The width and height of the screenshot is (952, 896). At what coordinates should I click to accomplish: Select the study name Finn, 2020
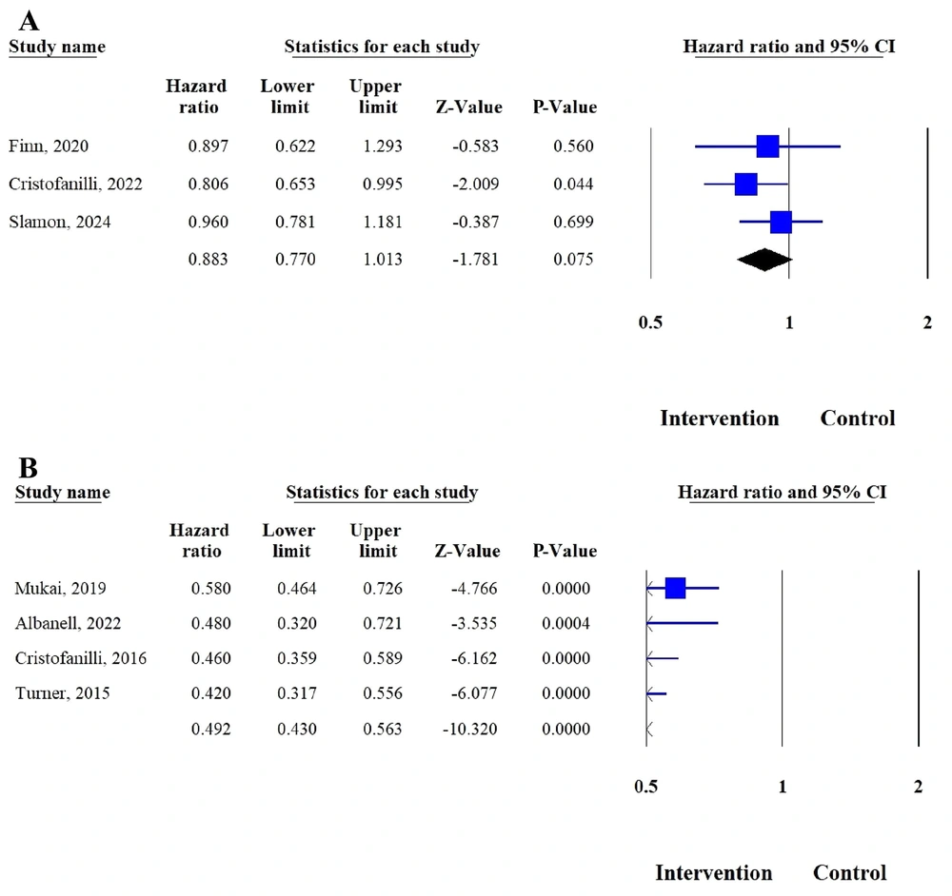coord(49,146)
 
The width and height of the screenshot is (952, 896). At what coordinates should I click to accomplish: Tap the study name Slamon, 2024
coord(60,223)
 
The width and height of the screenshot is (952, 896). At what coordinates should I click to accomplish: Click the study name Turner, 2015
coord(62,693)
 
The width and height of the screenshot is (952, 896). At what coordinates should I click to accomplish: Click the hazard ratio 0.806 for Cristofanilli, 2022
coord(208,184)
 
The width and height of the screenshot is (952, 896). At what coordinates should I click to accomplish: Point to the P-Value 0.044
coord(573,184)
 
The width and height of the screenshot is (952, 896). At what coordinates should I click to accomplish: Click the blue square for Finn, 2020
coord(767,146)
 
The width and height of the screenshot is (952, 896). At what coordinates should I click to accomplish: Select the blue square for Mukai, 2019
coord(675,589)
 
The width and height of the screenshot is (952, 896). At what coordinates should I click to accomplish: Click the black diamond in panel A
coord(764,259)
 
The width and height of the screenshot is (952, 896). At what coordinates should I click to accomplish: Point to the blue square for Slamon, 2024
coord(781,222)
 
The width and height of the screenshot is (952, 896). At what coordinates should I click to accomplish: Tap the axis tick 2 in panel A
coord(927,322)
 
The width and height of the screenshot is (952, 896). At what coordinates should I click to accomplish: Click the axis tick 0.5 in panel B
coord(645,787)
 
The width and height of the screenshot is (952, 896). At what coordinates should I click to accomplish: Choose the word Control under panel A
coord(858,419)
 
